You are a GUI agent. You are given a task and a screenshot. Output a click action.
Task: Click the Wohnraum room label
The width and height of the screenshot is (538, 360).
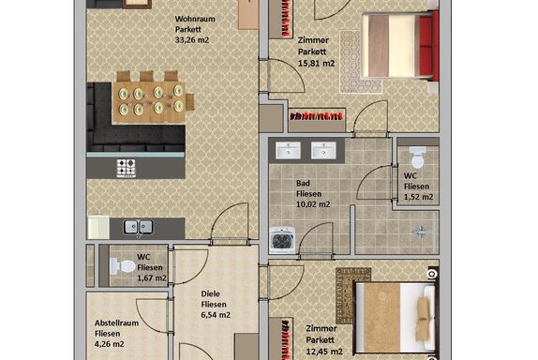(195, 19)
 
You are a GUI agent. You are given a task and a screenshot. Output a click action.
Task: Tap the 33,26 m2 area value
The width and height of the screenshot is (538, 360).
(192, 39)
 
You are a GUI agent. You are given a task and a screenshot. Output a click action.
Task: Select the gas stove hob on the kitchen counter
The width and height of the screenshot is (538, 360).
(126, 168)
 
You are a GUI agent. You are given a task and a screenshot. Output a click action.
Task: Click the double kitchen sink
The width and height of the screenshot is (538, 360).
(139, 227)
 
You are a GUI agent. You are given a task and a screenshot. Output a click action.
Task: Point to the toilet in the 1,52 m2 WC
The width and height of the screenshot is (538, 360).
(418, 157)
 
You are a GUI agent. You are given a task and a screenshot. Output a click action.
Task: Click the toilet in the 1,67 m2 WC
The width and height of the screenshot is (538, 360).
(123, 266)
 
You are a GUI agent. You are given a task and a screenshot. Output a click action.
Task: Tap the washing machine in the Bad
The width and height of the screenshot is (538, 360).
(282, 240)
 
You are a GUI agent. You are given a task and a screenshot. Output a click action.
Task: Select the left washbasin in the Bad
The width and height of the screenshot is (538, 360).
(288, 150)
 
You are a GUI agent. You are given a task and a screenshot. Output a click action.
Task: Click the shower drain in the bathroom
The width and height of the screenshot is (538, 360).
(420, 232)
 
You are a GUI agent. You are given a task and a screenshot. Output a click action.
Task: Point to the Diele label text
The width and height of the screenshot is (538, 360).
(210, 293)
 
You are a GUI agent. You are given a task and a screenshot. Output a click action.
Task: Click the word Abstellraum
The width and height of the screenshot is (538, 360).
(116, 322)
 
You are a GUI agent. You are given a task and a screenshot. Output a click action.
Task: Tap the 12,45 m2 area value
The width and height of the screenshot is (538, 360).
(324, 352)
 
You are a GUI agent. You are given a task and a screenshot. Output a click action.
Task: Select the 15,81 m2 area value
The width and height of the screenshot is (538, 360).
(316, 64)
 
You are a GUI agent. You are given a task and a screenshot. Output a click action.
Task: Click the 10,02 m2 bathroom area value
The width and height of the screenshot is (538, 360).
(313, 204)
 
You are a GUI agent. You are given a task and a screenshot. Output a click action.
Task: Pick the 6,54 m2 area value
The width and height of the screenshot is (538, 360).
(216, 315)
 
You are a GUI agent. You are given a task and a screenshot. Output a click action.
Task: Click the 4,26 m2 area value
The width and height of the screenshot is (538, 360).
(110, 344)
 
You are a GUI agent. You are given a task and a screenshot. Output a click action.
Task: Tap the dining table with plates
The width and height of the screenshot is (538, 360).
(149, 102)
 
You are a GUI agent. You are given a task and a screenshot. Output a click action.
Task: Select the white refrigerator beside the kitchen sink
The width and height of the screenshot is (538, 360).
(98, 227)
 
